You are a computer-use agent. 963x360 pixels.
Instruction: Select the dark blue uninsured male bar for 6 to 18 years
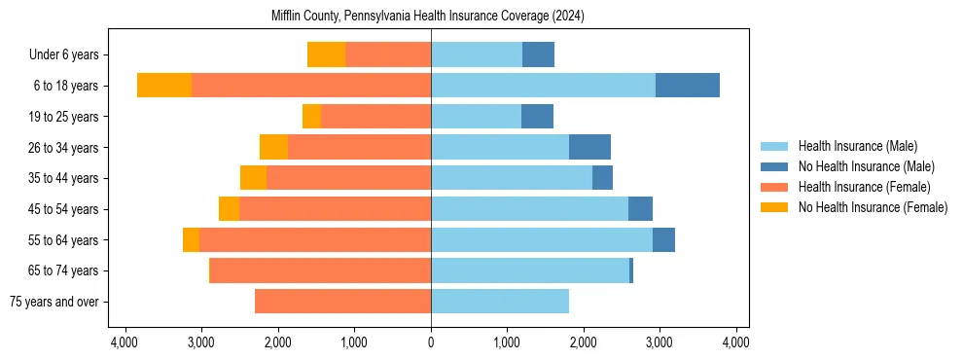pos(687,86)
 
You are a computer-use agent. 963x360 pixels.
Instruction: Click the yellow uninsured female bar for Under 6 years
pos(326,54)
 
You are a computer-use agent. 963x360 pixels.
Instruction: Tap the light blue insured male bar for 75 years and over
pos(500,302)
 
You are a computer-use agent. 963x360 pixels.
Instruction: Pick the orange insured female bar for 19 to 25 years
pos(375,117)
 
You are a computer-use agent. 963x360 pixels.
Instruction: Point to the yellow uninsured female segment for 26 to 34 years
pos(273,147)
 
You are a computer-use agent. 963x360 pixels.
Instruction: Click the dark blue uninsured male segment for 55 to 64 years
pos(663,239)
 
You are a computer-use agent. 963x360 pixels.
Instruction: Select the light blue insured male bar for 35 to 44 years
pos(512,178)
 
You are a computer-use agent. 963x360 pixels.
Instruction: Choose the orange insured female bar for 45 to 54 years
pos(335,209)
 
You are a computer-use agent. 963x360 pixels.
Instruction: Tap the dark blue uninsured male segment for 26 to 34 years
pos(589,147)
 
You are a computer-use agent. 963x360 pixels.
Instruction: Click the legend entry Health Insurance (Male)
pos(857,146)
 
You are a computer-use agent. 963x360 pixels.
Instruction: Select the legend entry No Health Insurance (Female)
pos(873,207)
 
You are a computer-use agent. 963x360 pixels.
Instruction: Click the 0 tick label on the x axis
pos(431,342)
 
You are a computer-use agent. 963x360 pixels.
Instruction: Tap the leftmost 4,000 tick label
pos(125,342)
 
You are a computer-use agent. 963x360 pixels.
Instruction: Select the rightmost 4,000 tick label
pos(736,342)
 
